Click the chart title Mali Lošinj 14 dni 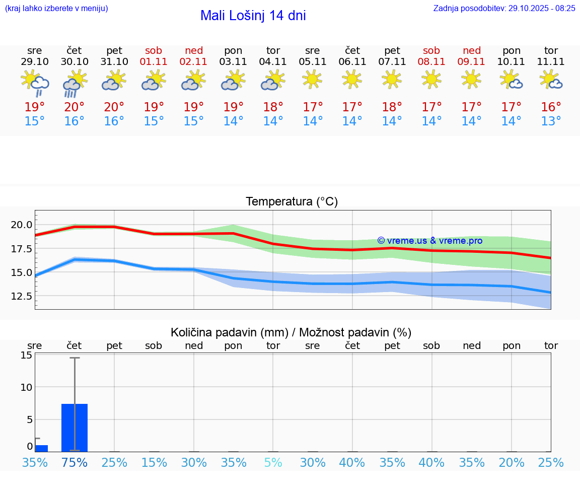(x=253, y=16)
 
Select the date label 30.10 (x=75, y=62)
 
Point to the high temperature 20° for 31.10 (x=114, y=107)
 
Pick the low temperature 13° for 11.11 (x=551, y=121)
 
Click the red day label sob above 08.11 (x=431, y=50)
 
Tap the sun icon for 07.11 (x=392, y=79)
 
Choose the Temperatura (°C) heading (x=292, y=202)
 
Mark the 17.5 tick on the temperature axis (x=22, y=249)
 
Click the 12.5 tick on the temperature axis (x=22, y=296)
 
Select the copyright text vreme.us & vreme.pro (x=429, y=241)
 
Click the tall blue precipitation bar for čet (x=75, y=428)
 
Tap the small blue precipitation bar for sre (x=41, y=448)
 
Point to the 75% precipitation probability (x=75, y=462)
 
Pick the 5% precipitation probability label (x=273, y=462)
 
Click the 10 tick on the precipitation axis (x=26, y=387)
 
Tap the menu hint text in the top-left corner (x=56, y=9)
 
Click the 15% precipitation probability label (x=154, y=462)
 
